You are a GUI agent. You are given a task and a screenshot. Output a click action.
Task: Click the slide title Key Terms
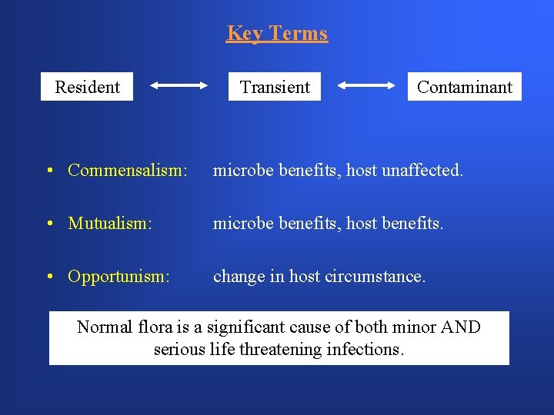(x=277, y=33)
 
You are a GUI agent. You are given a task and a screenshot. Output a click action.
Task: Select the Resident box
(x=87, y=87)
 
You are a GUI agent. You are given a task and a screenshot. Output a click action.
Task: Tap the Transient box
(x=275, y=87)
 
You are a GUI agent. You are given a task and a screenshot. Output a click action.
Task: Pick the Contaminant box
(x=464, y=87)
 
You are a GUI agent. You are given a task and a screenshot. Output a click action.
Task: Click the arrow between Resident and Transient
(x=179, y=87)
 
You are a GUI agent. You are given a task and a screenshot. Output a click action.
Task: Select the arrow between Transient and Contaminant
(x=367, y=87)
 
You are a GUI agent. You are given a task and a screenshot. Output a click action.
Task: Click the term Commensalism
(x=127, y=170)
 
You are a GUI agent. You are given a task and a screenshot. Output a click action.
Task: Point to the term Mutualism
(x=110, y=223)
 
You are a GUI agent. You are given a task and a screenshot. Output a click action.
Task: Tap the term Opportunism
(x=118, y=276)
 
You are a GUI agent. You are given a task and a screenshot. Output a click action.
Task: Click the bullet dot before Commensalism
(x=48, y=171)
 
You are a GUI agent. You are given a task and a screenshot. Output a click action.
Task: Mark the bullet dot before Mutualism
(x=48, y=224)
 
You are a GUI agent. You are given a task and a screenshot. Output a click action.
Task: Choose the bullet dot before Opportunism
(x=48, y=277)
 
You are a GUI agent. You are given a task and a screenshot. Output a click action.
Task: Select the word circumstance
(x=379, y=276)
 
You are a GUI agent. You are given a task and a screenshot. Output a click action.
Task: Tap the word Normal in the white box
(x=105, y=327)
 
